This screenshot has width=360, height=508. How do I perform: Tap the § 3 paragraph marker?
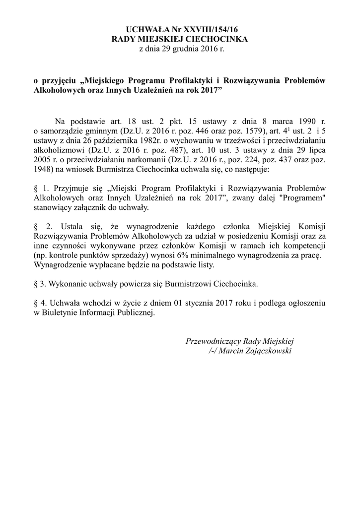[x=36, y=284]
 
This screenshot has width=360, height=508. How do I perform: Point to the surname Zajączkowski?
[x=268, y=350]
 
